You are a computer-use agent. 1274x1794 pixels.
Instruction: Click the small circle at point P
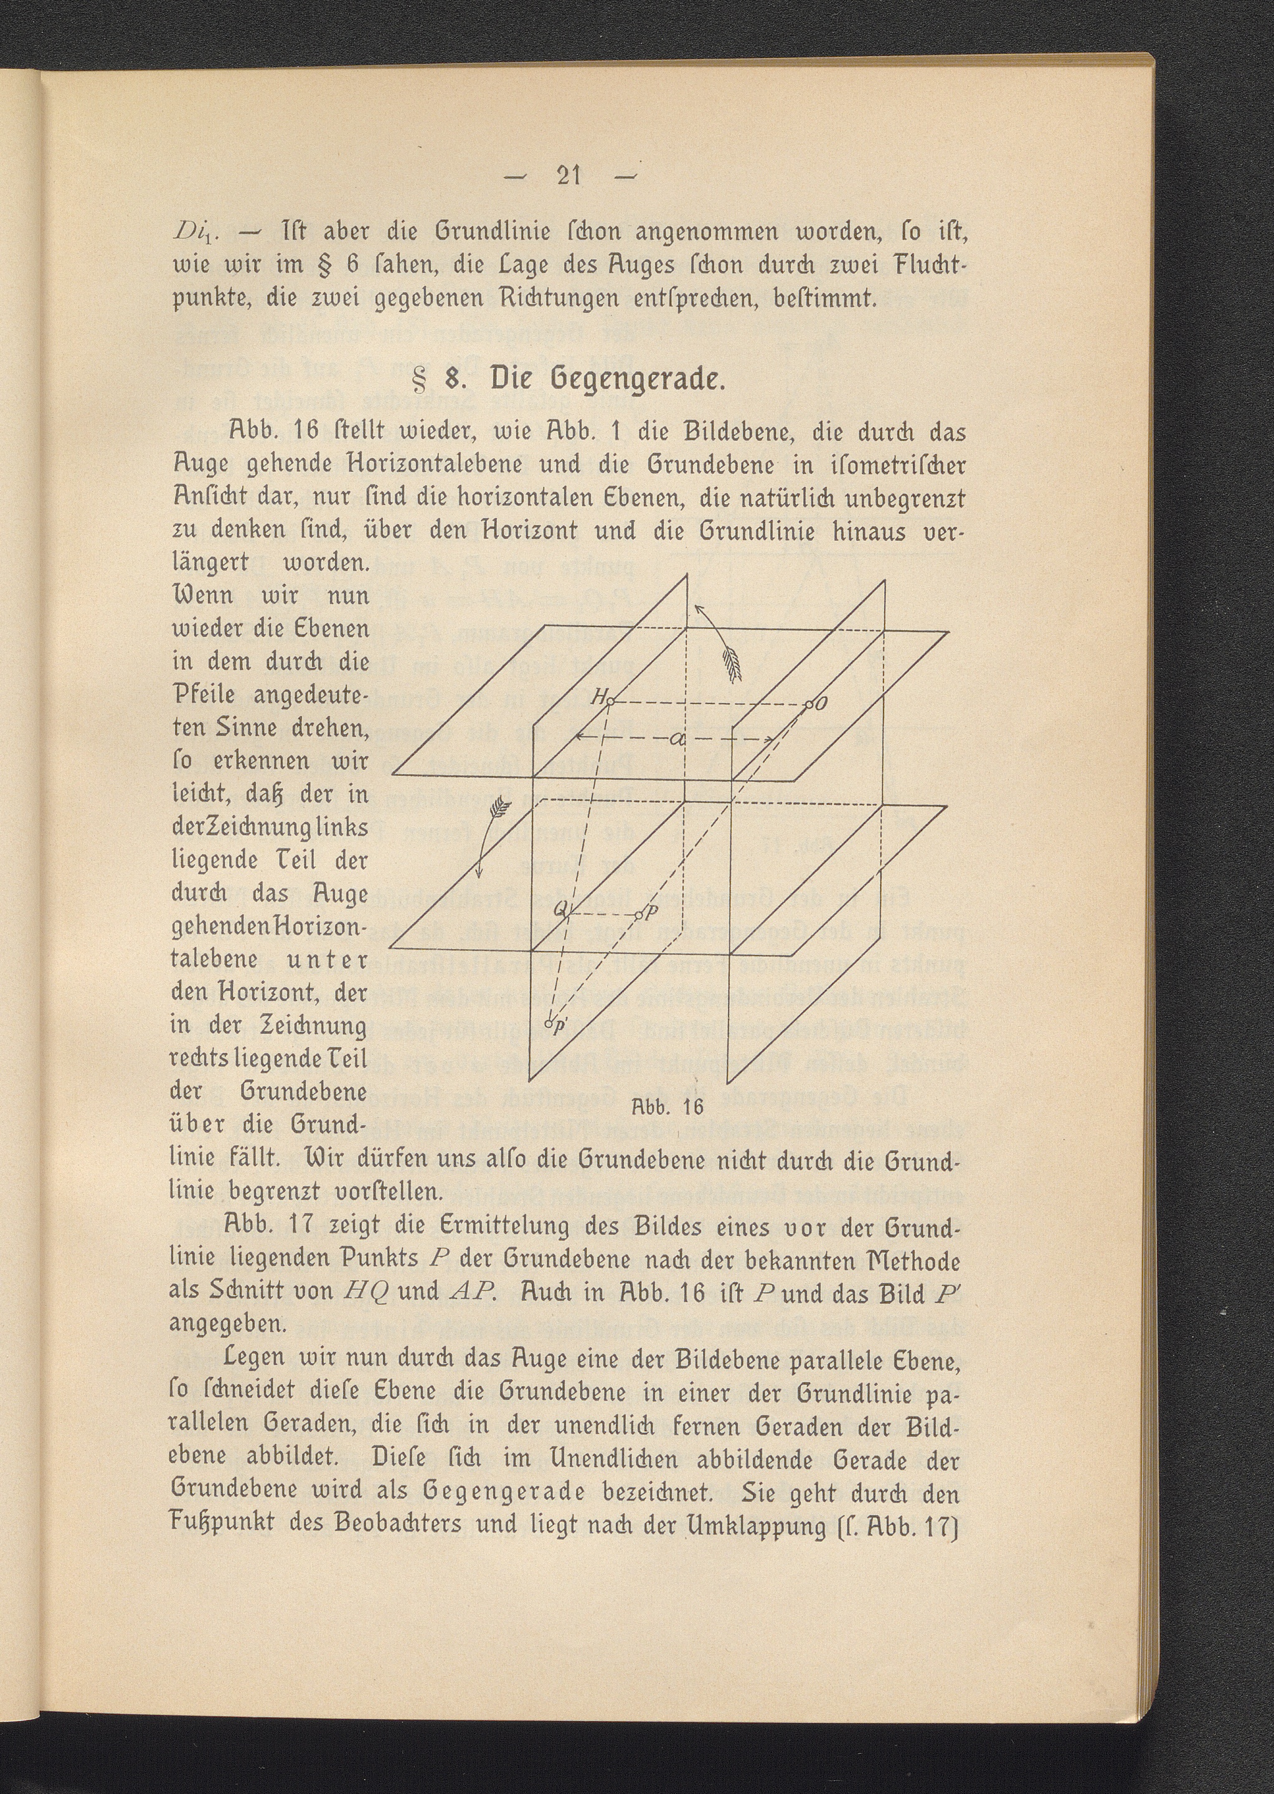click(x=639, y=915)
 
